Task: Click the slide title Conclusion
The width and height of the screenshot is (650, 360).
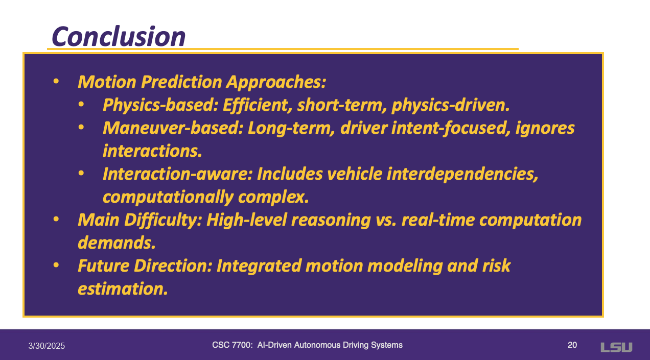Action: (x=119, y=37)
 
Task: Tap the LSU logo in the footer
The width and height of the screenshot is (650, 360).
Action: (x=616, y=347)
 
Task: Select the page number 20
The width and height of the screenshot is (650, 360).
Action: (x=572, y=345)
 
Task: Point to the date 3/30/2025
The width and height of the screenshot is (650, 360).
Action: (x=47, y=346)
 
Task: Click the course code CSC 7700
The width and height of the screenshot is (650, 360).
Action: (x=232, y=345)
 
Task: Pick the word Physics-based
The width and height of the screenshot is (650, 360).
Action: (x=160, y=105)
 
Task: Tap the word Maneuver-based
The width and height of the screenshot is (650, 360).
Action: (x=173, y=128)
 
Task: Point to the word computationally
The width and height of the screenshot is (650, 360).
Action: (x=168, y=198)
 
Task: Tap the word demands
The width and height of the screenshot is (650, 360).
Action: (x=117, y=243)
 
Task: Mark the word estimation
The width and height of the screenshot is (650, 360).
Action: (x=123, y=289)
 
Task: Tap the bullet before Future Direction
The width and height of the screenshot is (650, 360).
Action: (x=56, y=265)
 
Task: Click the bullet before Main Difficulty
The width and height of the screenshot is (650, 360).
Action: (x=56, y=220)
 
